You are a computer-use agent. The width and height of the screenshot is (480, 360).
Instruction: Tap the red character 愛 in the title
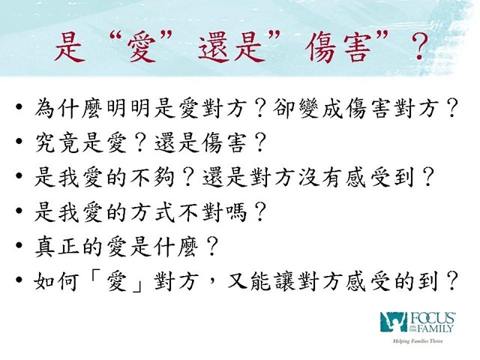(142, 48)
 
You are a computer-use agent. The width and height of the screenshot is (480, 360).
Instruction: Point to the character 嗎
(235, 211)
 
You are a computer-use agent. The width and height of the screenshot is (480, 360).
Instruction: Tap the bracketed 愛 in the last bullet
(117, 281)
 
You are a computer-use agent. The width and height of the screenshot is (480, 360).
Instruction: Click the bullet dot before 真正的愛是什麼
(19, 245)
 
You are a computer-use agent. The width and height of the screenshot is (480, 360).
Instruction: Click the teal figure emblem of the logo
(393, 322)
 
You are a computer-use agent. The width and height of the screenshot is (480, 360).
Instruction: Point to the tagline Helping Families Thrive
(418, 341)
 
